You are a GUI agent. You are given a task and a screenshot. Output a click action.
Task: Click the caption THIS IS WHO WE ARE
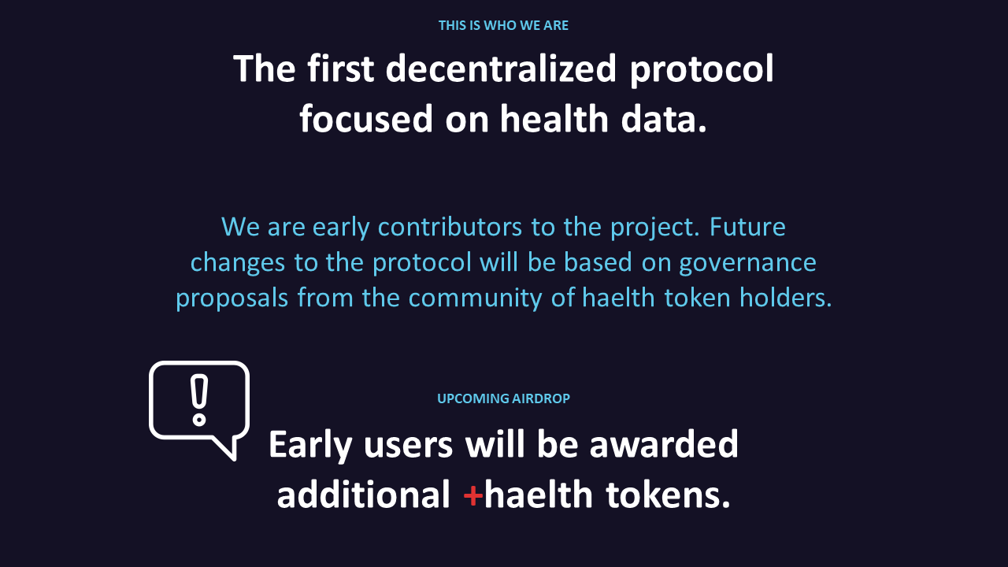(503, 26)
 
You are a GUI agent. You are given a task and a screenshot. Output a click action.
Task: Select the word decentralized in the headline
(500, 69)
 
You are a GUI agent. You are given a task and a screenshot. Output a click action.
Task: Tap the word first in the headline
(341, 69)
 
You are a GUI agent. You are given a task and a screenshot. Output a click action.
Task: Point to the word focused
(366, 119)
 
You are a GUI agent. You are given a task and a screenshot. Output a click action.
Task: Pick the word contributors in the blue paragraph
(450, 227)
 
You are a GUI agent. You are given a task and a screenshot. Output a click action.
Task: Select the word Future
(747, 227)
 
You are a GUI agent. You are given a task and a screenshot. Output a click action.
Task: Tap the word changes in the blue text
(238, 263)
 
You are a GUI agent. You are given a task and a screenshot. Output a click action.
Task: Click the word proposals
(232, 298)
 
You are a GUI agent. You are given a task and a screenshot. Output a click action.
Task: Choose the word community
(475, 298)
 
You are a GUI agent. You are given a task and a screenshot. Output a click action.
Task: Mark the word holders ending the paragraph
(786, 298)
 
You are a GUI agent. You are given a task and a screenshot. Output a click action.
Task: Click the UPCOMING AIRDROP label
(503, 398)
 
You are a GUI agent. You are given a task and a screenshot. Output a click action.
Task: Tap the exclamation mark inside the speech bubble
(199, 399)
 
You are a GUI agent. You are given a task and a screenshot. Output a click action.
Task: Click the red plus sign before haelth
(472, 496)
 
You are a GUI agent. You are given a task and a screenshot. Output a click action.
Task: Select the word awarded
(664, 445)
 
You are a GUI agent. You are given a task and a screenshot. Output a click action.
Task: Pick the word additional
(364, 495)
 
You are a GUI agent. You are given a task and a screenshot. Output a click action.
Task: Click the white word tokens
(668, 495)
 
